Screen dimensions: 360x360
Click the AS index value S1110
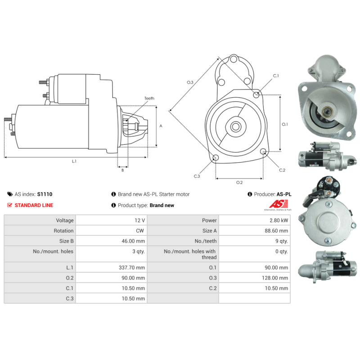(45, 194)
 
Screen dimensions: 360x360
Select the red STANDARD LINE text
(34, 205)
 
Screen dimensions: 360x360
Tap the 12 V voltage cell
(139, 220)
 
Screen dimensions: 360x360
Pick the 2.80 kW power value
(279, 220)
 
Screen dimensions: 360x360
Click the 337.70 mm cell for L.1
(132, 267)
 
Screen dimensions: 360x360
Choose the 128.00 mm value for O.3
(275, 278)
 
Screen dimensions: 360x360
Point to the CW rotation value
(140, 231)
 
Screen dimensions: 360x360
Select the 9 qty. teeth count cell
(282, 241)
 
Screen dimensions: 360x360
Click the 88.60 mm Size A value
(276, 231)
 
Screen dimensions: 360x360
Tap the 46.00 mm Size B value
(133, 241)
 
